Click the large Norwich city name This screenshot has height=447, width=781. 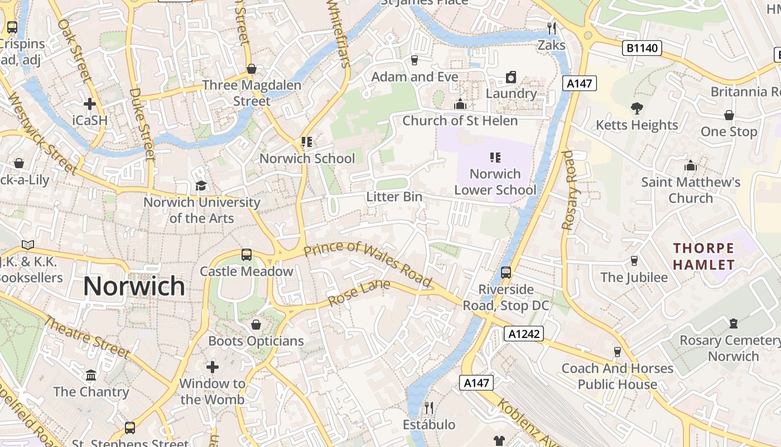click(x=134, y=286)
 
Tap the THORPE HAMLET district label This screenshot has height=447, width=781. click(x=703, y=256)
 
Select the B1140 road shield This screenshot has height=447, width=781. click(x=642, y=48)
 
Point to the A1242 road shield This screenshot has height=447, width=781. click(x=524, y=334)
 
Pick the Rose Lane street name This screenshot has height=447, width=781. click(x=358, y=293)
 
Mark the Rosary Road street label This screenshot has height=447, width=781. click(x=568, y=190)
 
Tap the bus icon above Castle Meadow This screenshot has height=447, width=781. click(x=247, y=255)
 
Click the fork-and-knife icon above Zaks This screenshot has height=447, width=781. click(x=552, y=28)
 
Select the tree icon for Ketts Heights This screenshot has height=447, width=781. click(x=637, y=108)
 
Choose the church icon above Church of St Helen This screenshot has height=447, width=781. click(x=460, y=104)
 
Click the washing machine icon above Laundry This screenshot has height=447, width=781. click(x=511, y=77)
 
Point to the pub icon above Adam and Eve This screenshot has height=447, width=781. click(x=414, y=60)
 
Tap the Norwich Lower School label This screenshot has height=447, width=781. click(x=495, y=182)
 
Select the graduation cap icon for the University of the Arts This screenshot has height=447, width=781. click(x=201, y=186)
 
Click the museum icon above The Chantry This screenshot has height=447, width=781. click(x=91, y=374)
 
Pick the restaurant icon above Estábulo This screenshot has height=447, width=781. click(x=428, y=407)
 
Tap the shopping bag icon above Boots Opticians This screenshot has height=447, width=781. click(x=256, y=324)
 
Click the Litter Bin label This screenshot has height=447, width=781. click(x=394, y=197)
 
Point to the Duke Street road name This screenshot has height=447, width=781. click(x=141, y=124)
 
